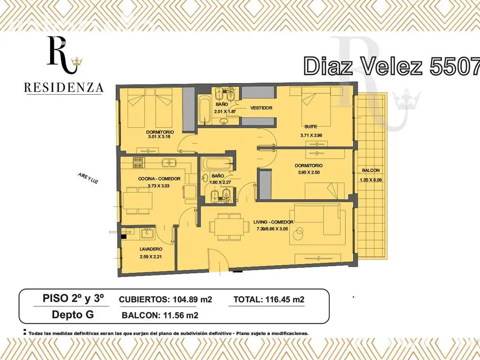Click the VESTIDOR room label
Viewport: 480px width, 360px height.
tap(261, 108)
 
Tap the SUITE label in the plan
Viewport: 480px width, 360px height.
tap(310, 127)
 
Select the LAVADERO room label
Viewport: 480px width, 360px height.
tap(151, 249)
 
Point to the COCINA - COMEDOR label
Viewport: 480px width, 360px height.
tap(159, 179)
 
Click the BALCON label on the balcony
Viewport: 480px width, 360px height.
tap(371, 170)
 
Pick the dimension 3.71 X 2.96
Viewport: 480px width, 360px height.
tap(311, 135)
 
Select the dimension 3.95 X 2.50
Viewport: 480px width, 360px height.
tap(308, 172)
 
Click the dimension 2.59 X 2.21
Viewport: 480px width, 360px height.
tap(150, 256)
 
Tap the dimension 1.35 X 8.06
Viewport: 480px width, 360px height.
tap(371, 180)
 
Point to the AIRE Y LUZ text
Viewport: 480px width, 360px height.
tap(88, 178)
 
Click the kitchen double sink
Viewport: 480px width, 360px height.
tap(169, 163)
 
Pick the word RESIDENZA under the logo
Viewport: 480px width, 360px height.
tap(64, 88)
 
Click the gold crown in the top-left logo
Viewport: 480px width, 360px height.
tap(77, 62)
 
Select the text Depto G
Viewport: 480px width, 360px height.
tap(73, 315)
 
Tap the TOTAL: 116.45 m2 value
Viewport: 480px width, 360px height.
tap(269, 299)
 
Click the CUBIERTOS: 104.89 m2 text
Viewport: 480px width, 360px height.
tap(165, 299)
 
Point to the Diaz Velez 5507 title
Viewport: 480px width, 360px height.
tap(392, 66)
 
